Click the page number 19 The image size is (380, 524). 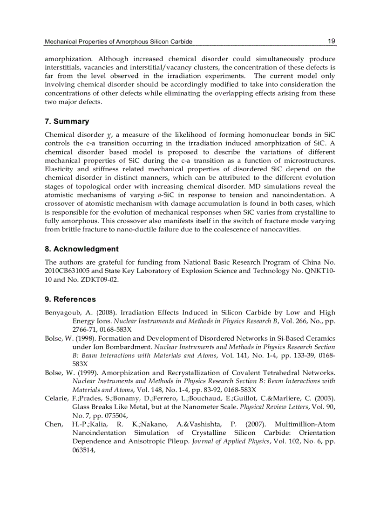pyautogui.click(x=331, y=41)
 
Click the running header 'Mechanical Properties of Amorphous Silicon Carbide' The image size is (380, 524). pyautogui.click(x=118, y=42)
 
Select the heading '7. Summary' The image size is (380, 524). pyautogui.click(x=67, y=121)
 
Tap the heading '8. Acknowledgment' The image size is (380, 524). pyautogui.click(x=81, y=249)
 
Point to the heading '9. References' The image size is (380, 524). pyautogui.click(x=70, y=299)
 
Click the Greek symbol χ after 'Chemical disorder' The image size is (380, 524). pyautogui.click(x=110, y=135)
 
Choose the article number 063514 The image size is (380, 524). pyautogui.click(x=83, y=450)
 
